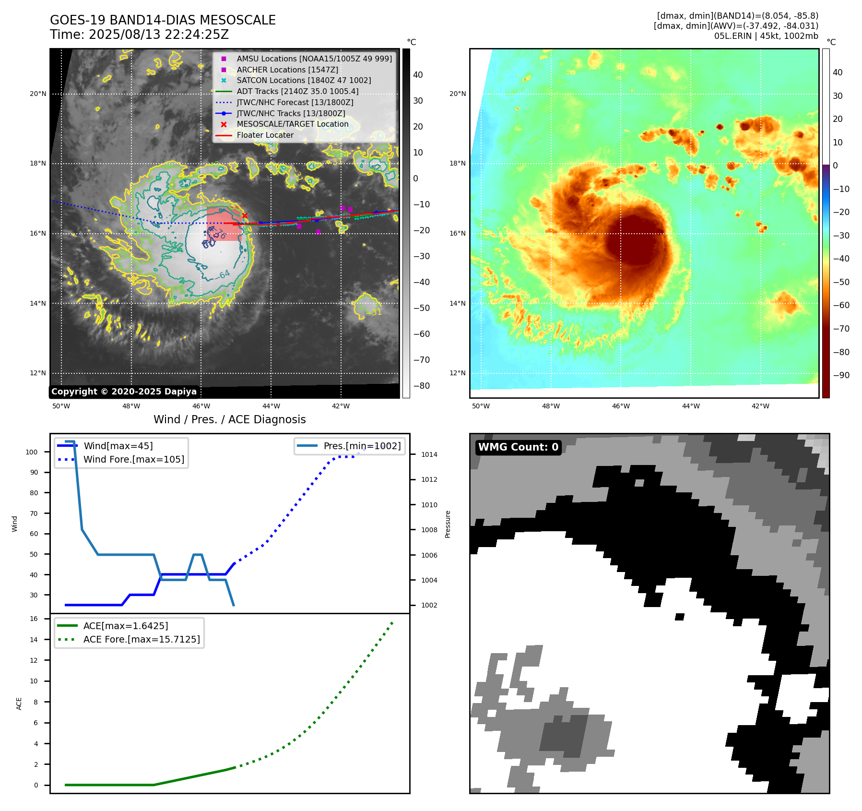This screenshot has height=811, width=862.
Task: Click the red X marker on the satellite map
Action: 245,216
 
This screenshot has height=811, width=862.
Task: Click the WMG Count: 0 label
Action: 518,447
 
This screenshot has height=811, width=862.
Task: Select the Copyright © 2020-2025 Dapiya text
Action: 124,392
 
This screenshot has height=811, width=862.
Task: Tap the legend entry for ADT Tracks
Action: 297,91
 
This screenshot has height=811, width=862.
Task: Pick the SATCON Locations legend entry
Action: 304,80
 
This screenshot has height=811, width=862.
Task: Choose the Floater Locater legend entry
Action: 265,135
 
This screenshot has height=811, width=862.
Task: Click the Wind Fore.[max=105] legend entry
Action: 133,459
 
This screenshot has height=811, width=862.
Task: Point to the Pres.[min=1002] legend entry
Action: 362,446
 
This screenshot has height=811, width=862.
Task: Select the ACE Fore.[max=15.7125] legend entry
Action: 142,639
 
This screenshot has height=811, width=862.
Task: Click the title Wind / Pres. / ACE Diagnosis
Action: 229,419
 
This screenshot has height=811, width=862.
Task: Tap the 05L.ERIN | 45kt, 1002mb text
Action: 766,36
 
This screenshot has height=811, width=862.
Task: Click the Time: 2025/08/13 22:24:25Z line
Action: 139,35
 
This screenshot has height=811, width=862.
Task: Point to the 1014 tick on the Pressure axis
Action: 429,454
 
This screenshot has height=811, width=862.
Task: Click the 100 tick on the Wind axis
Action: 32,452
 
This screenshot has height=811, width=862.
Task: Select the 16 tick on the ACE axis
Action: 34,619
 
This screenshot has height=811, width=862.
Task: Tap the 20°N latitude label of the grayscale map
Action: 38,94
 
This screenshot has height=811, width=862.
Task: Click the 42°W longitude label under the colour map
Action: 760,406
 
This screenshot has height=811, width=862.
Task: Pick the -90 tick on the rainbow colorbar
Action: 841,375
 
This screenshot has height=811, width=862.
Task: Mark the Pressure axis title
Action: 448,524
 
